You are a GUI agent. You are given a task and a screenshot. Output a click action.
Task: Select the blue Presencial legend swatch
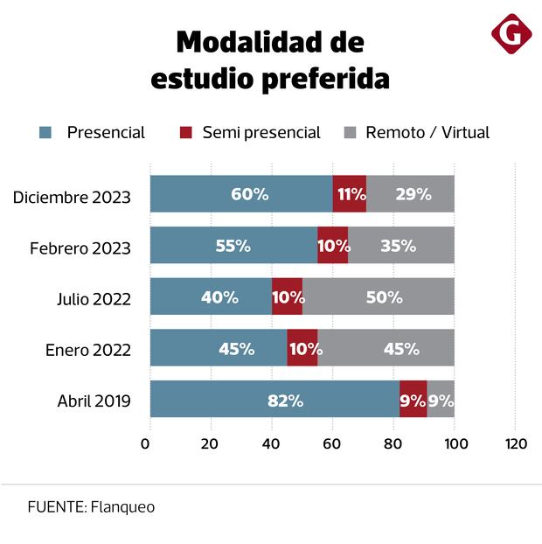click(45, 133)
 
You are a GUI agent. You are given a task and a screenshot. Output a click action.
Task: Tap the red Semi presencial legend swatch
click(184, 133)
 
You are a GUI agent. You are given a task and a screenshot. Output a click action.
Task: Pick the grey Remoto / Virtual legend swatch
click(350, 133)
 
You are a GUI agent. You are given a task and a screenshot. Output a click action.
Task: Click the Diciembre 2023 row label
click(72, 197)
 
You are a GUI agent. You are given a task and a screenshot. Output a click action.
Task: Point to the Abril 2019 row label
click(94, 401)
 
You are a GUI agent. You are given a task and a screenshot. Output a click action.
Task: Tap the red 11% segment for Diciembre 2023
click(350, 194)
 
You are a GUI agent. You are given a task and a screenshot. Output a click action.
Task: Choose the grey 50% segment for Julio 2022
click(379, 296)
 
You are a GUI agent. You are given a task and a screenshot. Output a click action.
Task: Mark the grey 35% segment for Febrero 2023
click(400, 246)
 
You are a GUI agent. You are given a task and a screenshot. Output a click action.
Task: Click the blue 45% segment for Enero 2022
click(219, 348)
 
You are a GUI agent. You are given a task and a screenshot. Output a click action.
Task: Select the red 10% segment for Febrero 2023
click(333, 246)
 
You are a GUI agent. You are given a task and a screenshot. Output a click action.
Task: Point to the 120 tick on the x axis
click(517, 443)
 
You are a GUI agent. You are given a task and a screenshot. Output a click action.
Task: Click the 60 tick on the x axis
click(332, 443)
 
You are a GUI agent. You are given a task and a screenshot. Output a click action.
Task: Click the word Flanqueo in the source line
click(122, 507)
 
